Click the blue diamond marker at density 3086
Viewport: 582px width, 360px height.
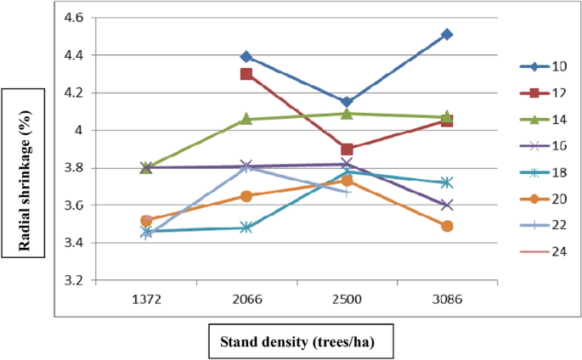(447, 35)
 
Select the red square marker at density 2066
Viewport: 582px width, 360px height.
(246, 74)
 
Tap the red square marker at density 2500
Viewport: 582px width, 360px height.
(346, 149)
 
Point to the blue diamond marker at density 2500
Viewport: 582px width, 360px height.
(346, 102)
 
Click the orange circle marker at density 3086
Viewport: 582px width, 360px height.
(447, 226)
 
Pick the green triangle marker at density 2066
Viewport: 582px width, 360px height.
(246, 118)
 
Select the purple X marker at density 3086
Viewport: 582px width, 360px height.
(447, 205)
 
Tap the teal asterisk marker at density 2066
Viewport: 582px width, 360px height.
(246, 228)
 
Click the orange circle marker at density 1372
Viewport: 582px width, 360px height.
(146, 221)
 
